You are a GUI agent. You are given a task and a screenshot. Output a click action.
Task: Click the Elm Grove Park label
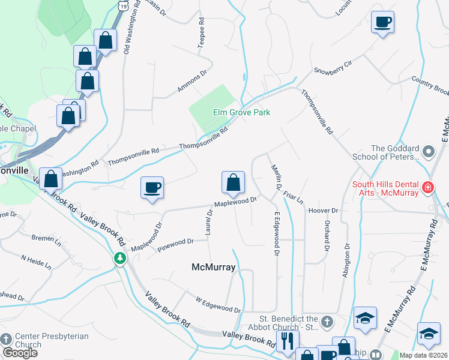[x=242, y=112]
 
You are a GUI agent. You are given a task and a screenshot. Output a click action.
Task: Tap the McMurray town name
[x=213, y=267]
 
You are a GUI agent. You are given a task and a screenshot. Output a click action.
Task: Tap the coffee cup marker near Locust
[x=382, y=23]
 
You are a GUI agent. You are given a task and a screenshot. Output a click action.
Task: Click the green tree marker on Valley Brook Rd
[x=120, y=258]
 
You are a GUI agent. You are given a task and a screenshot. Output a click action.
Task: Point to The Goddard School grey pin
[x=428, y=152]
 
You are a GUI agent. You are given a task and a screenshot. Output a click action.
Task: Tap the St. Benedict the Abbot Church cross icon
[x=326, y=322]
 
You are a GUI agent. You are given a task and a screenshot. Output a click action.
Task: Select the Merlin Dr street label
[x=277, y=178]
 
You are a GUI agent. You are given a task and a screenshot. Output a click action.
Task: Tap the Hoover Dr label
[x=324, y=211]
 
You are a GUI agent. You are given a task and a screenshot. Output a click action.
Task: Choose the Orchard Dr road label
[x=327, y=235]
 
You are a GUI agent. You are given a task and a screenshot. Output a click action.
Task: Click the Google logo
[x=20, y=353]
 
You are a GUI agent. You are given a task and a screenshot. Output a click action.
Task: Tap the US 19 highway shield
[x=123, y=5]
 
